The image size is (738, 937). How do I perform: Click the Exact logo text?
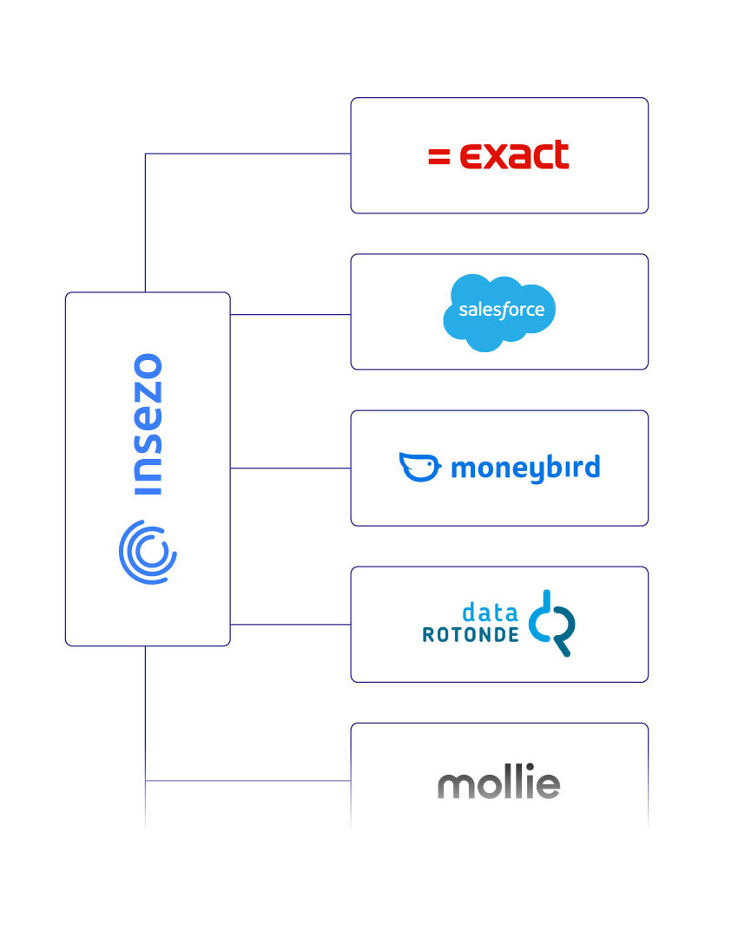pyautogui.click(x=514, y=155)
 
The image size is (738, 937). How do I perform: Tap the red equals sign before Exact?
pyautogui.click(x=438, y=156)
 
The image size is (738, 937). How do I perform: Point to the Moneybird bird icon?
pyautogui.click(x=419, y=467)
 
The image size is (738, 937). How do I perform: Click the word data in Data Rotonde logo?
pyautogui.click(x=491, y=612)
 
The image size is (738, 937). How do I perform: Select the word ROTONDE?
pyautogui.click(x=471, y=635)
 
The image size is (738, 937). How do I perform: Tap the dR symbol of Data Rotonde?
pyautogui.click(x=553, y=623)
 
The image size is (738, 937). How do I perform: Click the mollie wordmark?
pyautogui.click(x=499, y=784)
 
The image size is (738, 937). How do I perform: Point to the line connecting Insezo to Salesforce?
pyautogui.click(x=290, y=315)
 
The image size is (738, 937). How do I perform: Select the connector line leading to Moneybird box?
pyautogui.click(x=290, y=468)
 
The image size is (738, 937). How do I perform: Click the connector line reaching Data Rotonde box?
pyautogui.click(x=290, y=625)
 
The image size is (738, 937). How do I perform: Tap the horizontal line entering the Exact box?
pyautogui.click(x=247, y=154)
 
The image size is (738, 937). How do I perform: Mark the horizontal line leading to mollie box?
pyautogui.click(x=247, y=781)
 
